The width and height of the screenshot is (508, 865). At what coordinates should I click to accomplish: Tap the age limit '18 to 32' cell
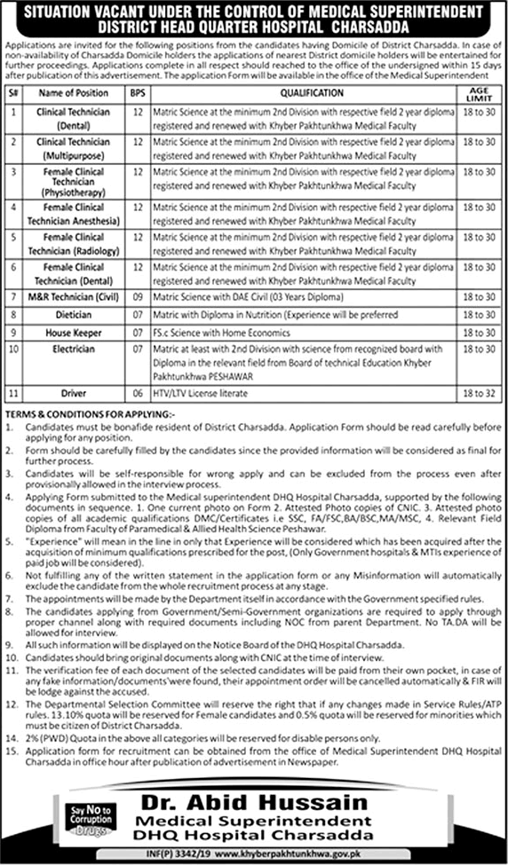coord(480,390)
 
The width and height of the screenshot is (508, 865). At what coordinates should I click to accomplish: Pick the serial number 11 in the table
coord(14,390)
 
